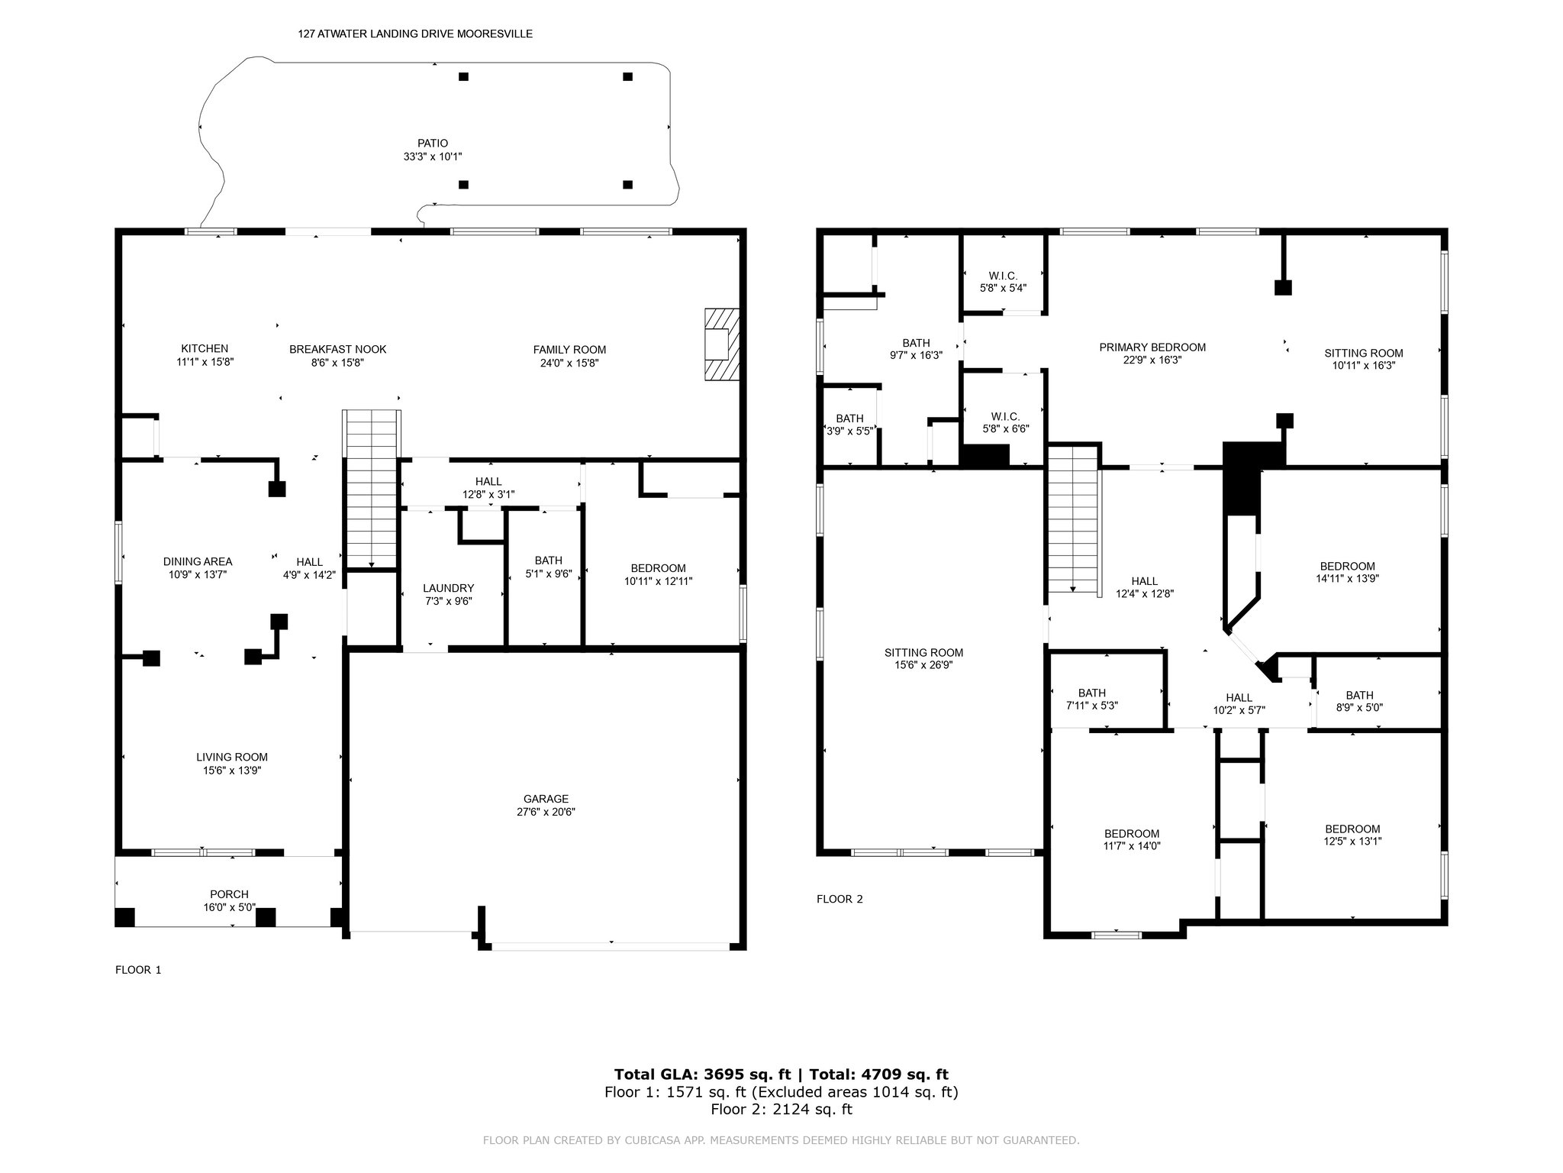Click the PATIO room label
tap(433, 144)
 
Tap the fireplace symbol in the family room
tap(722, 344)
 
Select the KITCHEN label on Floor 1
tap(205, 349)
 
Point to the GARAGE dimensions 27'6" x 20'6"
tap(546, 813)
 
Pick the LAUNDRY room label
tap(449, 588)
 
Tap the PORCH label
tap(229, 894)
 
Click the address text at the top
tap(415, 34)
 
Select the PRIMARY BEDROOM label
tap(1152, 347)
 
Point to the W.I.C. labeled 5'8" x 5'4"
tap(1003, 282)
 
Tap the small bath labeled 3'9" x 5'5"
tap(849, 425)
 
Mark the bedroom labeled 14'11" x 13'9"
tap(1347, 572)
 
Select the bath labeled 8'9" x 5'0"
tap(1359, 701)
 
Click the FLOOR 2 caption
tap(840, 899)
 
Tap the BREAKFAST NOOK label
tap(338, 349)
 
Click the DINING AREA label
tap(198, 561)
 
